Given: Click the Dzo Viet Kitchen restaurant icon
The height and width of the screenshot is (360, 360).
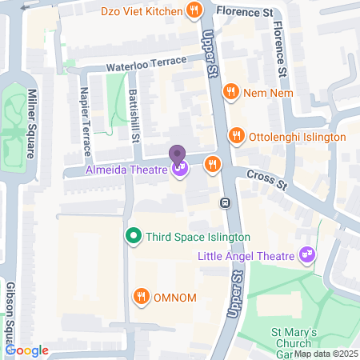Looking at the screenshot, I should (194, 10).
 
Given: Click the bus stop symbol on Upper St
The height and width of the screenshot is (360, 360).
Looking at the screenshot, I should (226, 202).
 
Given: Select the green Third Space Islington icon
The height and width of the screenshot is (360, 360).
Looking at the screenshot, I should (134, 237).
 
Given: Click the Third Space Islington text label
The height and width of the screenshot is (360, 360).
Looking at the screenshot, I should (198, 237).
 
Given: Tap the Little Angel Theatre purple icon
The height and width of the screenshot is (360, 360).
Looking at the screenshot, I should (306, 256).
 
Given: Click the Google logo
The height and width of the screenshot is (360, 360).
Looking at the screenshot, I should (27, 350).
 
